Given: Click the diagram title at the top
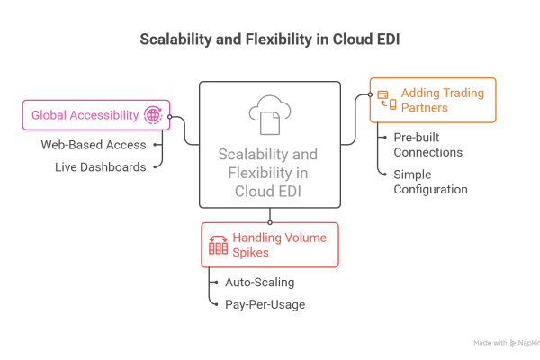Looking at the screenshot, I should (x=269, y=40).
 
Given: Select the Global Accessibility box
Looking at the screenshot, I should (x=94, y=115).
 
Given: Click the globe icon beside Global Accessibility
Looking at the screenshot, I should (x=152, y=115).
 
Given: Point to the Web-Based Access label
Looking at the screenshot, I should (x=100, y=144).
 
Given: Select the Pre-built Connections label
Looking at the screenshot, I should (x=427, y=144).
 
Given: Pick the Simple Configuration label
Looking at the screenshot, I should (x=430, y=182).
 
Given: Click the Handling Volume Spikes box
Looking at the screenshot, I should (x=269, y=245).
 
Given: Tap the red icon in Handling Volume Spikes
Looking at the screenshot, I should (x=217, y=245).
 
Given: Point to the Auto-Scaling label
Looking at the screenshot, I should (x=258, y=283).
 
